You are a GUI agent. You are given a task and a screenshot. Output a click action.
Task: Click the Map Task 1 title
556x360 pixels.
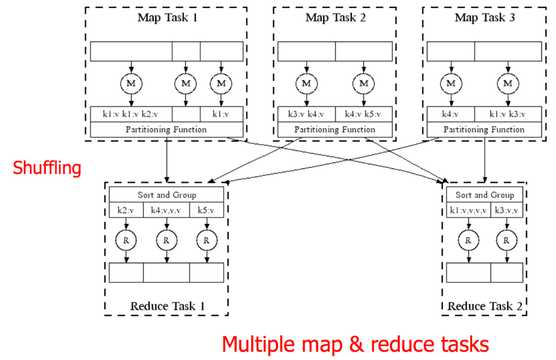[167, 17]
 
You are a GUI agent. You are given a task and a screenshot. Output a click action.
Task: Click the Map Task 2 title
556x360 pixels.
[335, 17]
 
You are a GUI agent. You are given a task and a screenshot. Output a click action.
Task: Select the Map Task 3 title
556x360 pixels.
[484, 17]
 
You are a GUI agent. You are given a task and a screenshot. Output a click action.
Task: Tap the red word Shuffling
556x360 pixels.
[47, 167]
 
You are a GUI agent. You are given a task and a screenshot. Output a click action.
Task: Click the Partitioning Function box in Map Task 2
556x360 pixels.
[334, 130]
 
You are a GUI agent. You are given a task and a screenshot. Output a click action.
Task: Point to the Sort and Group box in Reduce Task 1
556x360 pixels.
[167, 195]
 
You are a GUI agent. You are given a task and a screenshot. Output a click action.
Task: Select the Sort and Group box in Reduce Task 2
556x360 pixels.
[484, 195]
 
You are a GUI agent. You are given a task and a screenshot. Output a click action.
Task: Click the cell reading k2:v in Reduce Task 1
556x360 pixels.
[127, 211]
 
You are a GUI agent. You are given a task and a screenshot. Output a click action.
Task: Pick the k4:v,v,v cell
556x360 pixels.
[167, 211]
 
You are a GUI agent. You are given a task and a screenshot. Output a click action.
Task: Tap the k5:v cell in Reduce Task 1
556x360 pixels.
[207, 211]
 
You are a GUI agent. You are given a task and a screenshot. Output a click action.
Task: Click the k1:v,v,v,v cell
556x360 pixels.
[468, 211]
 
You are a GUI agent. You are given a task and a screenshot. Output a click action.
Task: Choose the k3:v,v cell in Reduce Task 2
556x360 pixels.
[507, 211]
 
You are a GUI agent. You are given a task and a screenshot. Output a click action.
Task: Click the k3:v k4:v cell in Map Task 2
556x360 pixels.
[306, 114]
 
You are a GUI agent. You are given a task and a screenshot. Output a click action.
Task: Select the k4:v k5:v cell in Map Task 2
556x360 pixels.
[363, 114]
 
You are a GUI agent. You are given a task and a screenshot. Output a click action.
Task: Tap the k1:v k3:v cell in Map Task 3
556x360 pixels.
[508, 114]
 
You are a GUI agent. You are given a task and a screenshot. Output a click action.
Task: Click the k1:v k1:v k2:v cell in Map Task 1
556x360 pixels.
[131, 114]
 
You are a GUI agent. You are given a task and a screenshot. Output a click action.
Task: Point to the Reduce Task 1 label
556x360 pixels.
[167, 306]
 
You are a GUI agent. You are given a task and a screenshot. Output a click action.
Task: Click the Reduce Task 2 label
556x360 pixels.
[484, 306]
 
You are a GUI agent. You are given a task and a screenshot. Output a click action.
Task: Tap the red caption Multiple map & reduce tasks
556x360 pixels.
[355, 343]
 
